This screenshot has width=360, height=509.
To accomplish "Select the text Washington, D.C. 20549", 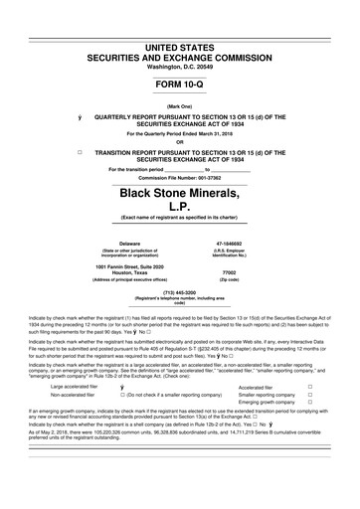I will (x=179, y=37).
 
